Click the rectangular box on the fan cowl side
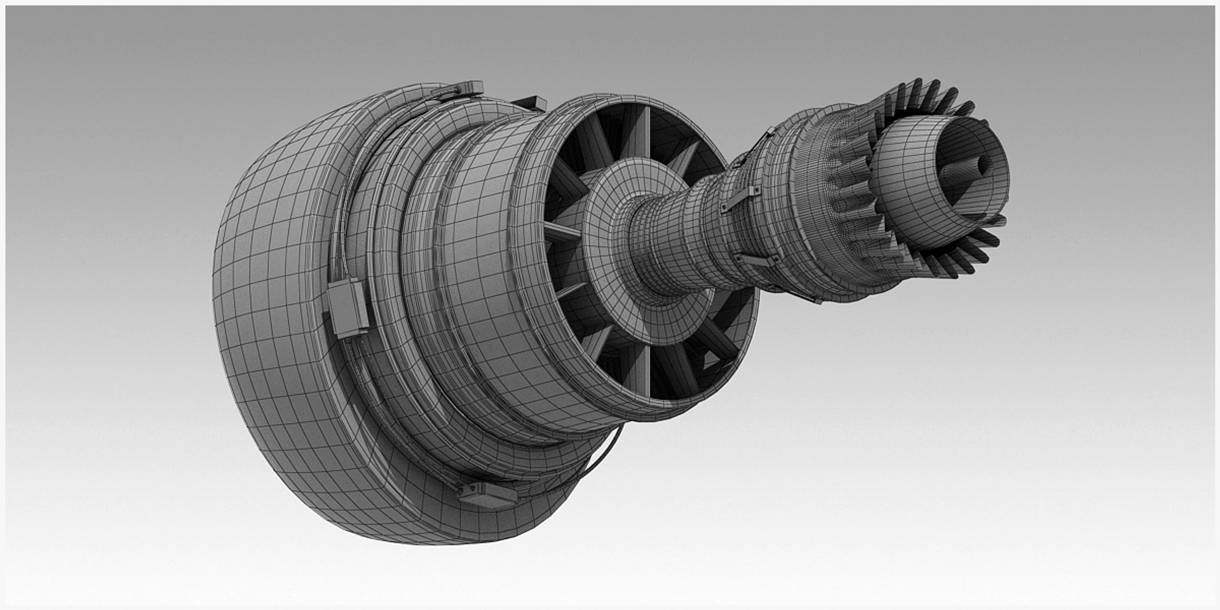[347, 308]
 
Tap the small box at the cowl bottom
[486, 496]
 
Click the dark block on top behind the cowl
[531, 102]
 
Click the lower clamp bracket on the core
[756, 260]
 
